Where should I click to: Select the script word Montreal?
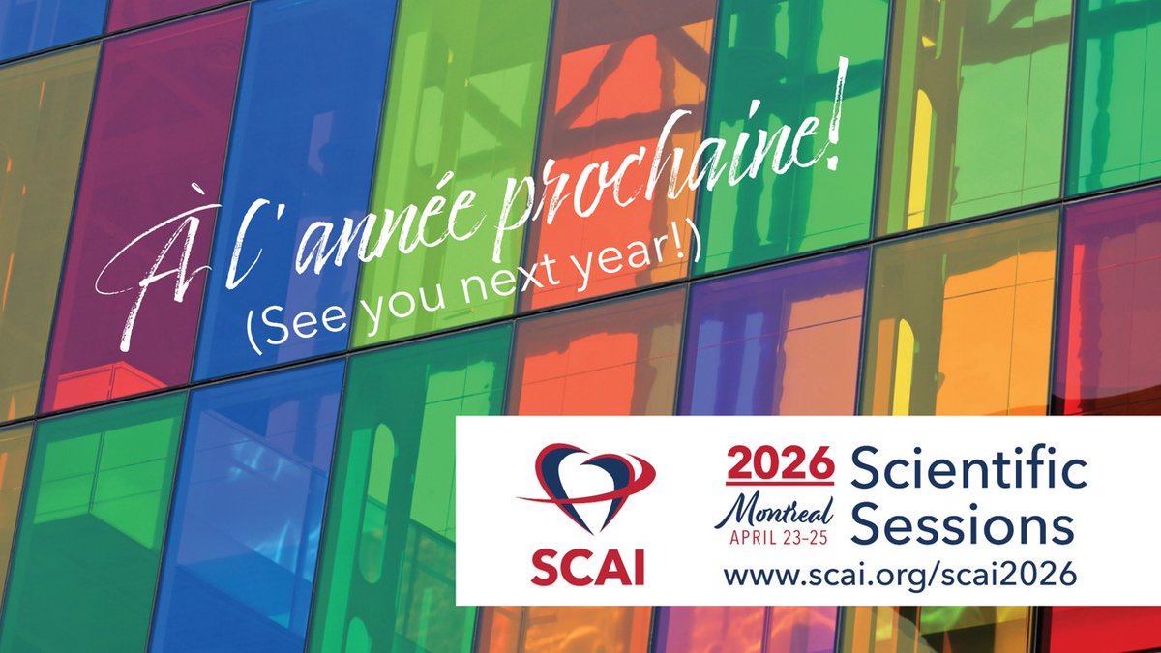(x=773, y=509)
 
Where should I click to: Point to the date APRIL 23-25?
(x=774, y=534)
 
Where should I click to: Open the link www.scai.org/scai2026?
(x=900, y=574)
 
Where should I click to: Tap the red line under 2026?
(x=779, y=483)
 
